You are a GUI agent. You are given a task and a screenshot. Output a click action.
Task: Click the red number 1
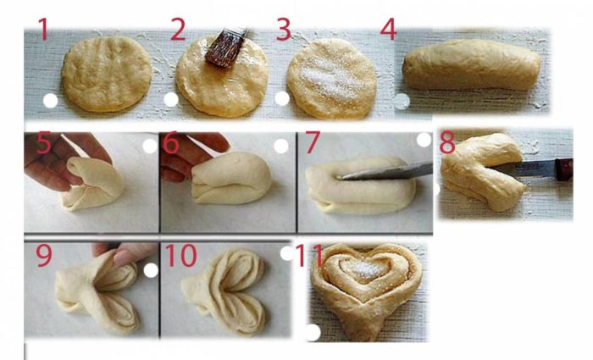tap(43, 29)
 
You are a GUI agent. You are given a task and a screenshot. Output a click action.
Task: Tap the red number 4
tap(389, 29)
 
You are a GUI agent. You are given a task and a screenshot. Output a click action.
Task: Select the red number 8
tap(447, 142)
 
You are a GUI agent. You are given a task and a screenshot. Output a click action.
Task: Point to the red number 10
tap(180, 255)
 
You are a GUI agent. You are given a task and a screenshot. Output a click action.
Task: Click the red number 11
tap(309, 255)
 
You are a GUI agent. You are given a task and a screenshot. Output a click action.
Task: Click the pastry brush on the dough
tap(226, 47)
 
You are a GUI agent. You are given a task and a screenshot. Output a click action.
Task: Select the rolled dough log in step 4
tap(472, 64)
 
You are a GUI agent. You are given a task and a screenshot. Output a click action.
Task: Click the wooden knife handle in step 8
tap(563, 169)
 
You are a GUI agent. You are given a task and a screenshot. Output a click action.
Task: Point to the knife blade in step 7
tap(385, 171)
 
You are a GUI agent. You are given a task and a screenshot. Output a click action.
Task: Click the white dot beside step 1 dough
tap(50, 101)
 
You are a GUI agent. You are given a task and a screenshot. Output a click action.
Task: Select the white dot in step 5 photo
tap(150, 146)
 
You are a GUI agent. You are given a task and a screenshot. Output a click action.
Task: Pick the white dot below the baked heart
tap(313, 333)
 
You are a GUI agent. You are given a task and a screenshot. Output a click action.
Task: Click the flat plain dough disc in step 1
tap(106, 74)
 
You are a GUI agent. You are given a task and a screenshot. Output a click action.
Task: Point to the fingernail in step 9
tap(123, 258)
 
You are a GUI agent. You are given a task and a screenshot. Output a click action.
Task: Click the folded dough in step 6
tap(231, 178)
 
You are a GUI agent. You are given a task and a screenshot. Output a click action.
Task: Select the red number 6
tap(171, 142)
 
